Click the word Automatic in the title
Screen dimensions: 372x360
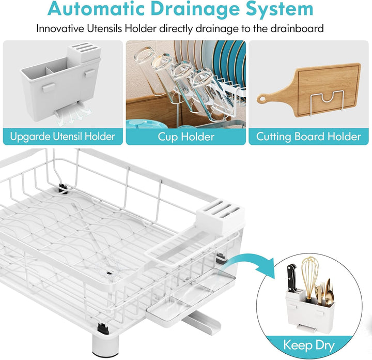click(96, 8)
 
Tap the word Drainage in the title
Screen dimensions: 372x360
click(195, 9)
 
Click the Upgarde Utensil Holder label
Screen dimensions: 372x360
click(63, 137)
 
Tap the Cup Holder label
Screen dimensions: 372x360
click(186, 137)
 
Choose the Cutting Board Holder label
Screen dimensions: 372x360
click(308, 137)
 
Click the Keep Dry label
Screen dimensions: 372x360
click(309, 345)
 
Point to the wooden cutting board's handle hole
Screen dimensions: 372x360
click(262, 99)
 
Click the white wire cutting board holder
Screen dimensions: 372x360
click(328, 100)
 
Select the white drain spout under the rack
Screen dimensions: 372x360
click(202, 322)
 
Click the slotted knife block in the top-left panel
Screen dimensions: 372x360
click(85, 53)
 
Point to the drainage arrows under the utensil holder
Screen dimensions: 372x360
click(72, 115)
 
